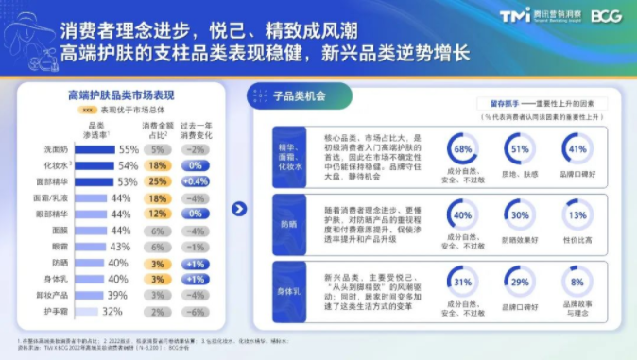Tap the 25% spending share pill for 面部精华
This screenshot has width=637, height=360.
[x=158, y=181]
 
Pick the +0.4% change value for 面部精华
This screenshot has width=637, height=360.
[x=195, y=181]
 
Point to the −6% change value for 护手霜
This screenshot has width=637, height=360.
[x=195, y=311]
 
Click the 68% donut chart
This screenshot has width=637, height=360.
[x=463, y=149]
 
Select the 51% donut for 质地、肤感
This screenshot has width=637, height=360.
[x=519, y=149]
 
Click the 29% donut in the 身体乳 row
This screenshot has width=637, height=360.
[x=519, y=282]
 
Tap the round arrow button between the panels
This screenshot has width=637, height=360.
[x=240, y=209]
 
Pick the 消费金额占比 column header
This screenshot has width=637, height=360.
[x=158, y=129]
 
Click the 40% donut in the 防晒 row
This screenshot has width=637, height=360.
[x=463, y=214]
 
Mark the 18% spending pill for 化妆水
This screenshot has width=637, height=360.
[x=158, y=165]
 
